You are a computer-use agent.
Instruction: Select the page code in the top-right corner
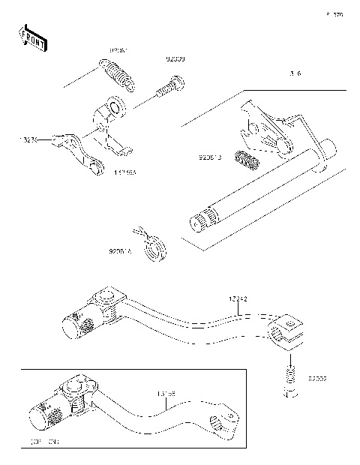(x=334, y=14)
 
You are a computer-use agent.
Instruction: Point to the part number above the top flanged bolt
(x=175, y=58)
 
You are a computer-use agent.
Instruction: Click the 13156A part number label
(x=125, y=171)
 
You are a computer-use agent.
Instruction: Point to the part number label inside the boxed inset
(x=166, y=392)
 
